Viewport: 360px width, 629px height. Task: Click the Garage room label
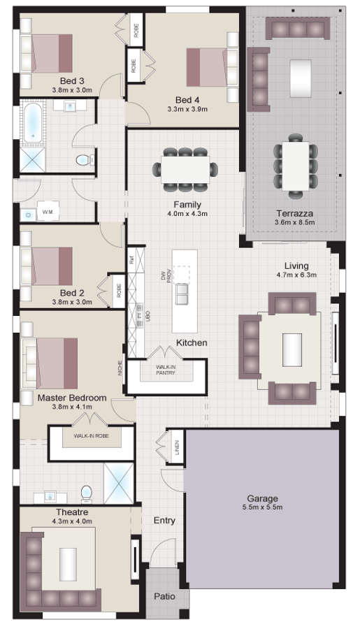(263, 498)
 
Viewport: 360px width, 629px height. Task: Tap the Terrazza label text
(294, 212)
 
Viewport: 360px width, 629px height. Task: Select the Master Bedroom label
(73, 398)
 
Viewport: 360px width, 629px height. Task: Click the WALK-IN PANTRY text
(165, 370)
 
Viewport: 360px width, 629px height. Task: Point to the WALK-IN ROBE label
(90, 436)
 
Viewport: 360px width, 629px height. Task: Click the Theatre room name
(71, 512)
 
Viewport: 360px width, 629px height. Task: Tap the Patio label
(166, 597)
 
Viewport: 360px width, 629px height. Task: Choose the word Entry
(164, 521)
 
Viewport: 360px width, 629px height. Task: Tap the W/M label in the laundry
(48, 211)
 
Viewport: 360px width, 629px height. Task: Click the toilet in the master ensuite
(87, 493)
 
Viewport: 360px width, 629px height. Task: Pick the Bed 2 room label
(71, 293)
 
